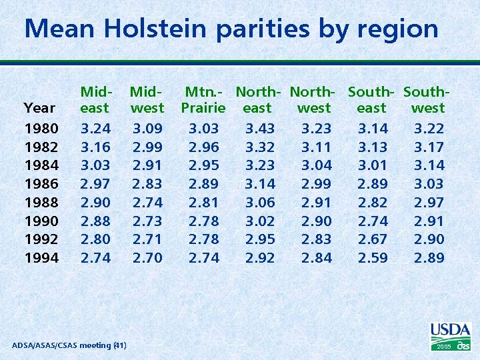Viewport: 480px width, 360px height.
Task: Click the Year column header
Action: coord(39,108)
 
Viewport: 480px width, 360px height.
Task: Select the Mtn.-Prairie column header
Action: coord(203,99)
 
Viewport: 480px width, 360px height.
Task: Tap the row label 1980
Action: coord(41,128)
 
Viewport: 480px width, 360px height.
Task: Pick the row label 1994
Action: coord(41,257)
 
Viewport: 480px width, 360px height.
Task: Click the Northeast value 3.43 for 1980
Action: coord(260,128)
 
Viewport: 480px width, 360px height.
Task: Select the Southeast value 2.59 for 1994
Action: coord(373,257)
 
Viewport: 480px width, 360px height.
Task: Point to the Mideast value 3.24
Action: coord(95,128)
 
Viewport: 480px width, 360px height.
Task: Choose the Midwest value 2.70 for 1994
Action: coord(147,257)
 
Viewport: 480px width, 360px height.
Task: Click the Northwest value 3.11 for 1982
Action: coord(316,147)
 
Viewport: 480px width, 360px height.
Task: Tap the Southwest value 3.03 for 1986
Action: coord(429,183)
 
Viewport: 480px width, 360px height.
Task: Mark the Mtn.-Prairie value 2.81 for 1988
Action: coord(203,202)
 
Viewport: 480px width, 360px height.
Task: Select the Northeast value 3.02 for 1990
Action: coord(260,221)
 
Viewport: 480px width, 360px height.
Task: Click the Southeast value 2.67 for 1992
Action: coord(373,239)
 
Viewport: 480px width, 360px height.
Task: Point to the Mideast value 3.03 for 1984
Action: coord(95,165)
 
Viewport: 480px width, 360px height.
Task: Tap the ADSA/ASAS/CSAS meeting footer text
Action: coord(69,345)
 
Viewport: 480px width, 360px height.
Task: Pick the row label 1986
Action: coord(41,183)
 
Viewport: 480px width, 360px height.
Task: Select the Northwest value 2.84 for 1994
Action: coord(316,257)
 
